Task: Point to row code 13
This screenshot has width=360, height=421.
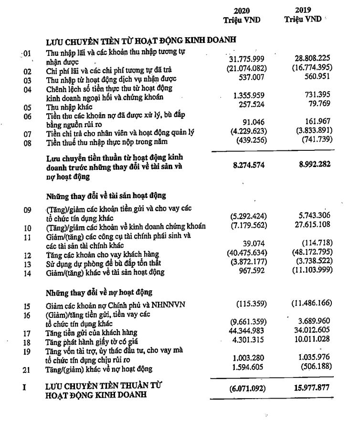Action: [x=28, y=264]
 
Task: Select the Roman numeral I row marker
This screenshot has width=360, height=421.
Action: [x=24, y=388]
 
